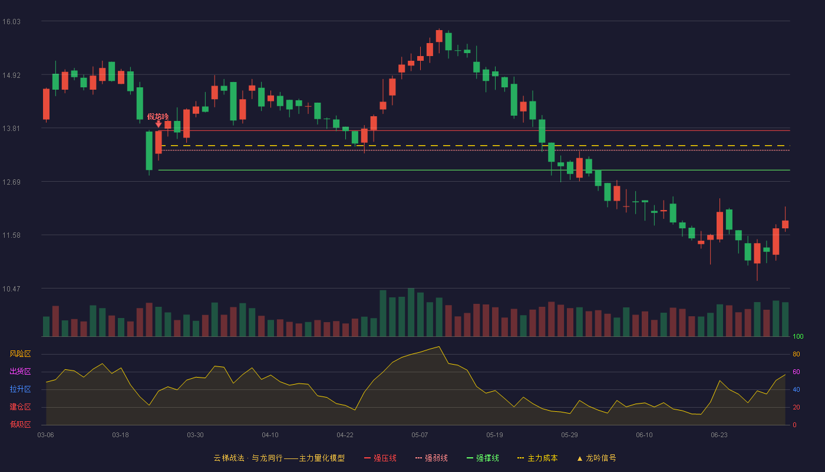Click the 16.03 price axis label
pos(11,22)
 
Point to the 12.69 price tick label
pos(11,182)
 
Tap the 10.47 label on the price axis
pos(11,289)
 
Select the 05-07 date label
pos(420,435)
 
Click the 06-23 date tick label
pos(719,435)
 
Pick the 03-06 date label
pos(46,435)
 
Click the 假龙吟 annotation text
pos(158,117)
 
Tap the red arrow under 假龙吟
pos(159,124)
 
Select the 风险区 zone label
pos(20,354)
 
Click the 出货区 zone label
pos(20,372)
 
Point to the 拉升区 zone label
pos(20,389)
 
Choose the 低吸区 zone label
pos(20,425)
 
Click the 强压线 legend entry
pos(380,458)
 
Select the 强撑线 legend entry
pos(483,458)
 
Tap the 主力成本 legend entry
pos(537,458)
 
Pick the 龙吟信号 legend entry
pos(596,458)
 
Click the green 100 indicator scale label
pos(798,336)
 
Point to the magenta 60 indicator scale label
pos(796,372)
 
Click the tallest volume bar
pos(411,312)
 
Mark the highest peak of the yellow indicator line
pos(439,347)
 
